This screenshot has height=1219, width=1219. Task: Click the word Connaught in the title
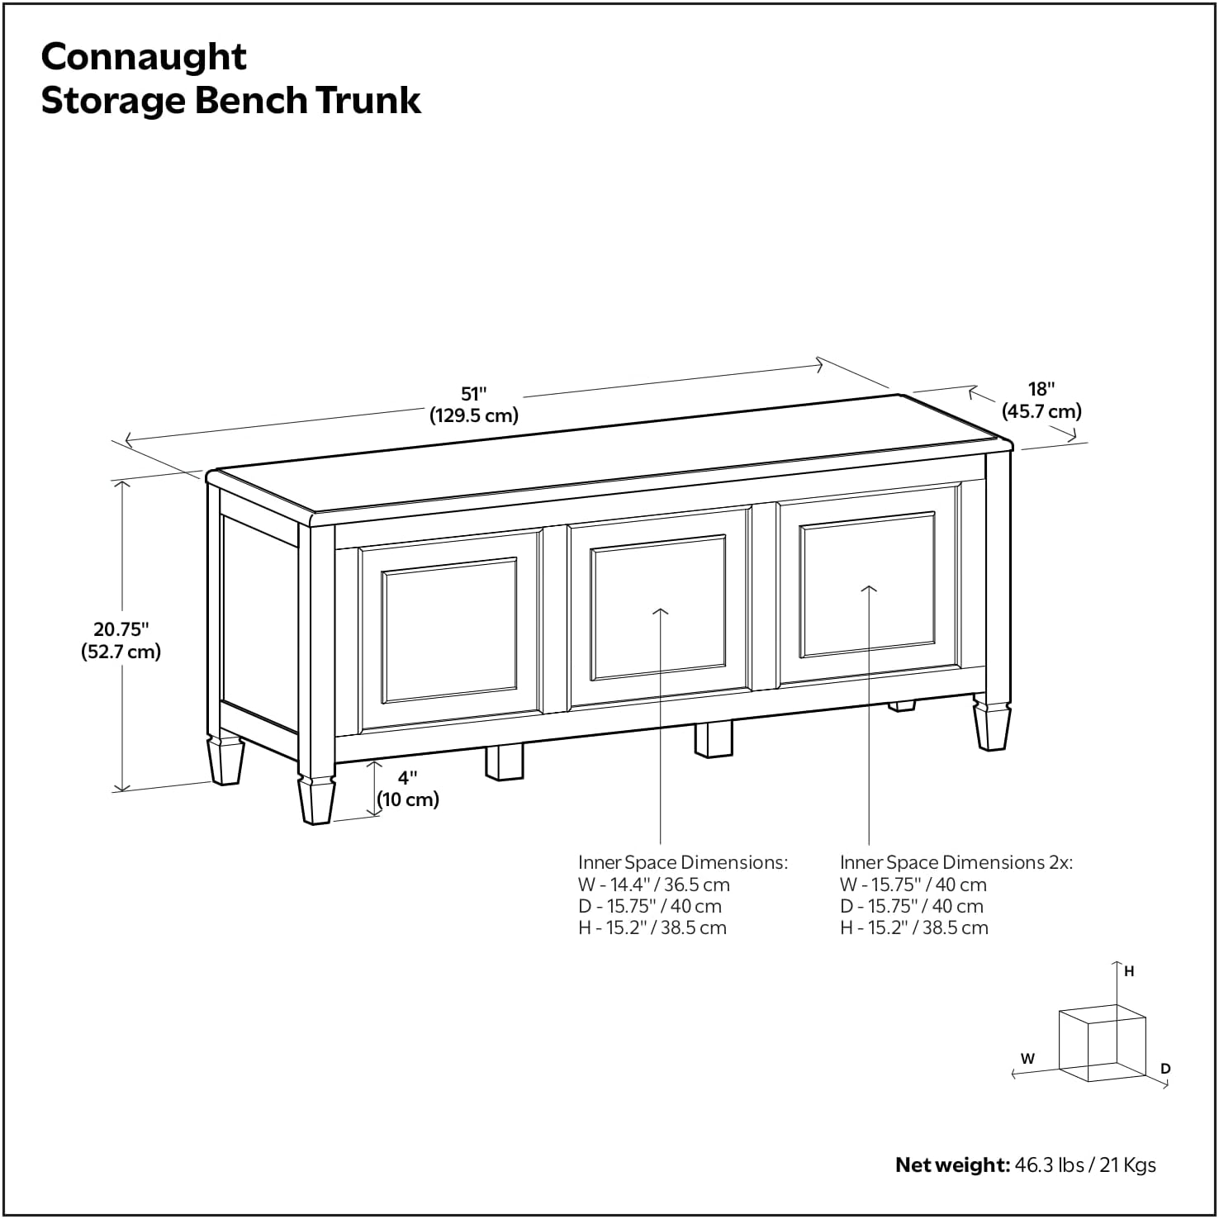(x=144, y=57)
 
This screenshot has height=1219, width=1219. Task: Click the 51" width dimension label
(x=474, y=394)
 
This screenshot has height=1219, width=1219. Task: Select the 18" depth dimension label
(x=1041, y=389)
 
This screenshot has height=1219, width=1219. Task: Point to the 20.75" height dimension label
(x=121, y=630)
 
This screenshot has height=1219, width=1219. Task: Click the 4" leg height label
(x=408, y=778)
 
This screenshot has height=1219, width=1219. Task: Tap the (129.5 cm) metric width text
(x=474, y=415)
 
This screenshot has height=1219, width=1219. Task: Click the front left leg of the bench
(x=316, y=798)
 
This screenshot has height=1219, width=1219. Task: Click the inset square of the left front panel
(x=450, y=630)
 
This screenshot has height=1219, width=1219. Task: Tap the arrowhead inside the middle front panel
(x=661, y=612)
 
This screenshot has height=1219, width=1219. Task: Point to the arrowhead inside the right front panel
(x=869, y=589)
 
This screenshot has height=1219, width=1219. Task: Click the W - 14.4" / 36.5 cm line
(x=653, y=885)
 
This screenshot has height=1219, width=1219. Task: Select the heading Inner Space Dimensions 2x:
(x=956, y=862)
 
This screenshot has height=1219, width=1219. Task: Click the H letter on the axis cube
(x=1129, y=972)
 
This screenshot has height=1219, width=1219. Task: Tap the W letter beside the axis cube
(x=1027, y=1058)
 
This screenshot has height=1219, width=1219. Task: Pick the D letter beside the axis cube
(x=1165, y=1069)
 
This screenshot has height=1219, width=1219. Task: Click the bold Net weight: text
(x=952, y=1165)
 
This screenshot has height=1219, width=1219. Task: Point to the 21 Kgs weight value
(x=1127, y=1165)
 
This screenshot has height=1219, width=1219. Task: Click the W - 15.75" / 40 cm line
(x=913, y=885)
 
